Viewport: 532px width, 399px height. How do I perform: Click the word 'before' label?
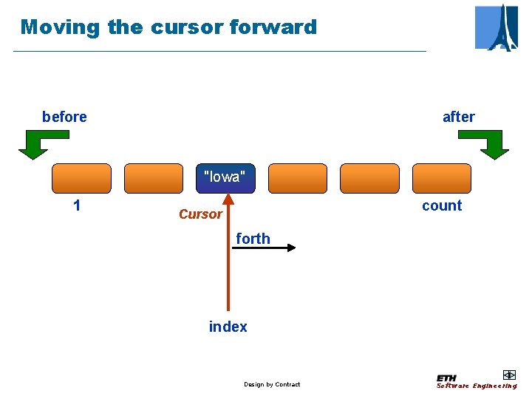point(64,117)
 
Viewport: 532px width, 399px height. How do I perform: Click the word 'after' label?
point(458,117)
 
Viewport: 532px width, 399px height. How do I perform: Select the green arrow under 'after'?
point(488,144)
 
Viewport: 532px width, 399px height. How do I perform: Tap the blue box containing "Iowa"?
point(225,178)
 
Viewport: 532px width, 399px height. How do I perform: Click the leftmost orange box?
point(81,178)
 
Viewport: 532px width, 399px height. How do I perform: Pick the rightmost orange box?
point(441,178)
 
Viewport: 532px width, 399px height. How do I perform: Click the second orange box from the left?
point(153,178)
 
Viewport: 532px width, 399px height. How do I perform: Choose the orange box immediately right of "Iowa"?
point(297,178)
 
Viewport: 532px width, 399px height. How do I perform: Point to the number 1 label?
point(77,205)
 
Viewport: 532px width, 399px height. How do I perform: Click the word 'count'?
point(441,205)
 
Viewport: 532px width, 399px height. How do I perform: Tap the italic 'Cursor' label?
point(200,214)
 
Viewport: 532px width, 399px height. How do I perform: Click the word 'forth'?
point(253,239)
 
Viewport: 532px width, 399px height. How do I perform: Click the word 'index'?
point(228,327)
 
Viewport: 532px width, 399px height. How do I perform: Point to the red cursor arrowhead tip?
point(228,196)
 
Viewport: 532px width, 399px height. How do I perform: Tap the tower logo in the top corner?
point(496,27)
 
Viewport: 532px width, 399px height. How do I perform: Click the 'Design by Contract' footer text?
point(272,384)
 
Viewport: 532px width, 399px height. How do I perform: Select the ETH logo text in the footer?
point(446,378)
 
